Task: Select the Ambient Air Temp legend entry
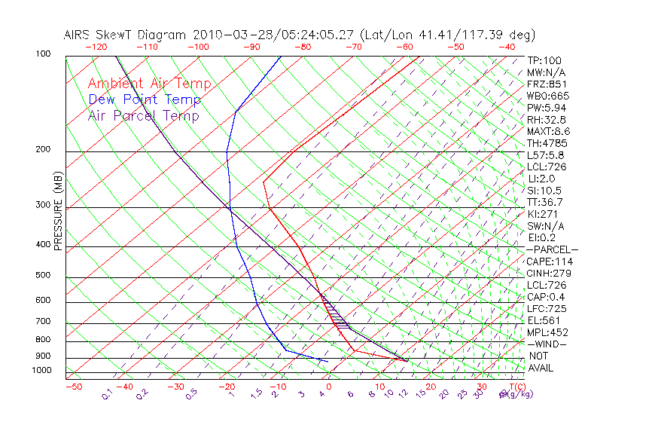[x=149, y=84]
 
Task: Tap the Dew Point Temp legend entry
[x=145, y=99]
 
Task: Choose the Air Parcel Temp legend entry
[x=143, y=115]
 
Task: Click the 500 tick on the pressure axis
[x=42, y=276]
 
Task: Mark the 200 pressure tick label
[x=42, y=150]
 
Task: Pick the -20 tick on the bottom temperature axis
[x=226, y=387]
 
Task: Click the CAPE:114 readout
[x=550, y=261]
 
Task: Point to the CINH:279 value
[x=550, y=274]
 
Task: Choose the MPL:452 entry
[x=547, y=332]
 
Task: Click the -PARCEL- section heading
[x=552, y=249]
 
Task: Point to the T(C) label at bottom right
[x=516, y=387]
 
